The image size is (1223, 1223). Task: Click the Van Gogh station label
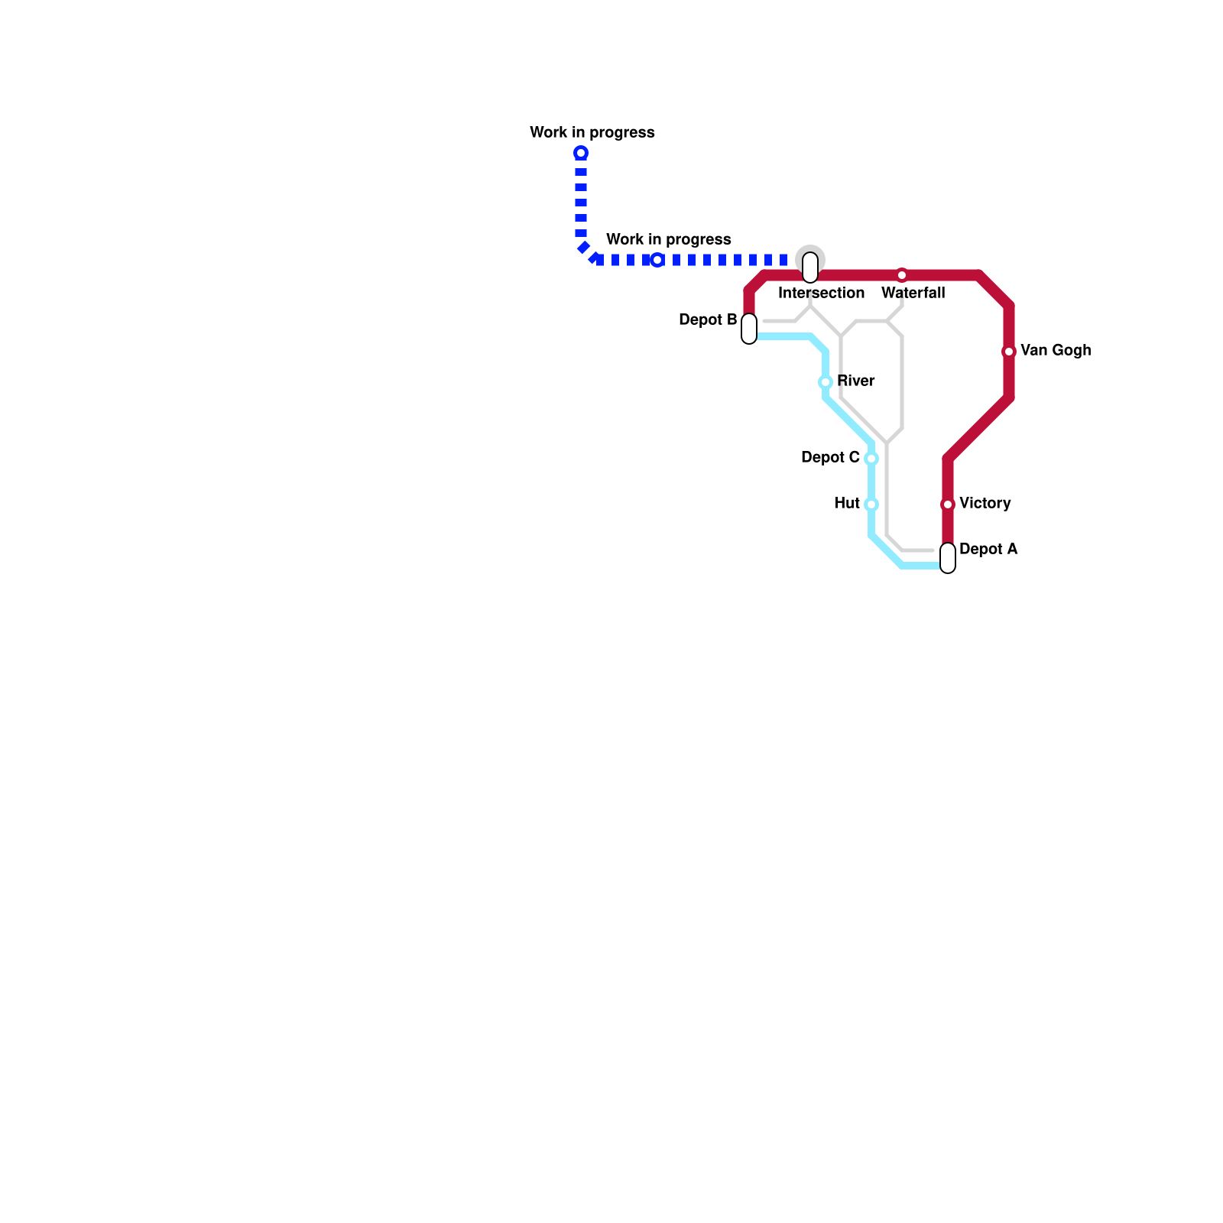coord(1055,351)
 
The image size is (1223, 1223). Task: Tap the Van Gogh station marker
coord(1009,352)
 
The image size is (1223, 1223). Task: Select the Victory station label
coord(985,504)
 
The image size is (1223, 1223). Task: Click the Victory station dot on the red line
coord(948,504)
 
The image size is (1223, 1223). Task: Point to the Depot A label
coord(988,550)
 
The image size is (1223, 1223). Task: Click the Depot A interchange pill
coord(948,558)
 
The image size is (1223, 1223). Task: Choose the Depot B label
coord(708,320)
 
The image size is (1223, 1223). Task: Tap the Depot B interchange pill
coord(749,329)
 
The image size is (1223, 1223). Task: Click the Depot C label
coord(830,458)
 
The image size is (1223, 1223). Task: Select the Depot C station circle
coord(871,459)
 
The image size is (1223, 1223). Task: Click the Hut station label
coord(847,504)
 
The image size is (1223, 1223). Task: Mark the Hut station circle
coord(871,504)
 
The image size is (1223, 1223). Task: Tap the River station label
coord(855,381)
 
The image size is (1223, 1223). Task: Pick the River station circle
coord(826,382)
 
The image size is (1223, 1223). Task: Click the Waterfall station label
coord(913,294)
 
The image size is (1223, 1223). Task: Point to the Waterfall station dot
coord(902,275)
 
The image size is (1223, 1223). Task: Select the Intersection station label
coord(821,294)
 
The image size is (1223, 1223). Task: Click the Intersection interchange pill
coord(810,268)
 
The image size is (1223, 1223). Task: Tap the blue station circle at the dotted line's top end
coord(581,153)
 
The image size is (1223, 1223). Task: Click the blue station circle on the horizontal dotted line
coord(657,260)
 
